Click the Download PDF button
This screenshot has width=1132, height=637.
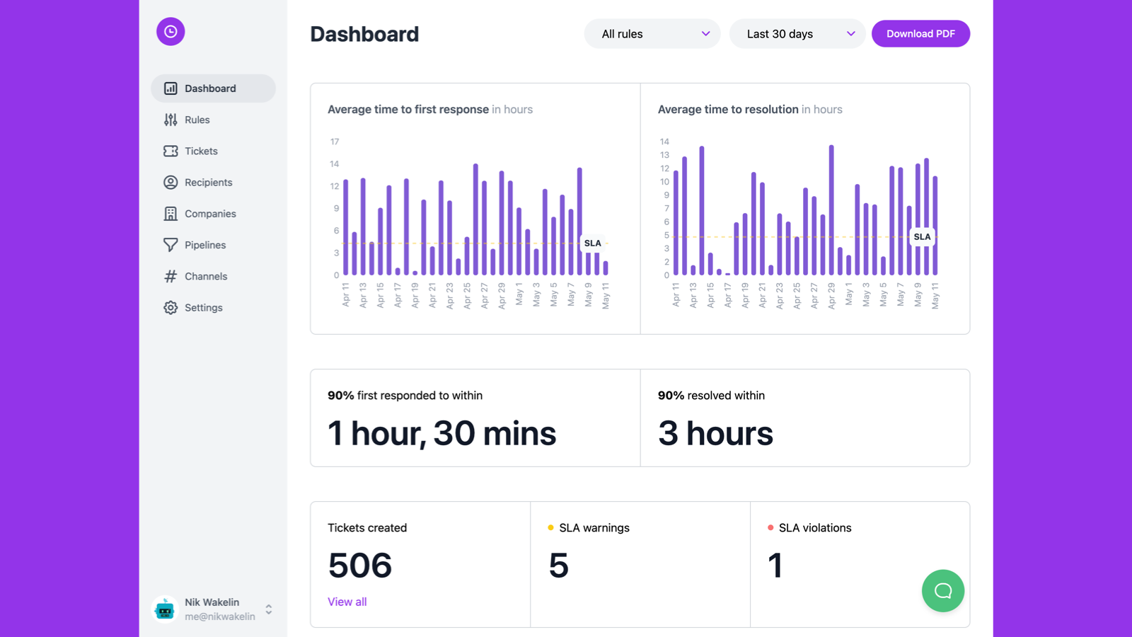[x=920, y=34]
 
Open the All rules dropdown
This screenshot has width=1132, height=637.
[x=652, y=34]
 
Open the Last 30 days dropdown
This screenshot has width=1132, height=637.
[x=797, y=34]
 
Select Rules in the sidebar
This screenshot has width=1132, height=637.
[x=197, y=120]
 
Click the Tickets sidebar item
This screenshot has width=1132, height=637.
[x=201, y=151]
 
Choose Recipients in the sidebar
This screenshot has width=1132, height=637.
[x=208, y=182]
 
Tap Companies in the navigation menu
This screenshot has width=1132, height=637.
[x=210, y=214]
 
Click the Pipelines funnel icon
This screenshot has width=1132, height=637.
[x=171, y=245]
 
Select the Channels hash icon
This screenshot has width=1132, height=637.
[x=171, y=276]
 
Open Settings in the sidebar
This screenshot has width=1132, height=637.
[x=203, y=307]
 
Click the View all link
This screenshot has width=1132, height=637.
[x=347, y=602]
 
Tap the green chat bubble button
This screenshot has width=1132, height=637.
[x=942, y=590]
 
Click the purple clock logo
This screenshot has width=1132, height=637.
[x=171, y=31]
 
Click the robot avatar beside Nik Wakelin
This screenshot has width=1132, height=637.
[x=165, y=609]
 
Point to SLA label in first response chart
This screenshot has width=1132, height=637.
[x=593, y=243]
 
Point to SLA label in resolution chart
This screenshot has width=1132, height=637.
[x=922, y=236]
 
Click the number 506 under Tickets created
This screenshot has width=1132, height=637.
[x=359, y=566]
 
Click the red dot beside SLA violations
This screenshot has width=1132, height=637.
[x=770, y=527]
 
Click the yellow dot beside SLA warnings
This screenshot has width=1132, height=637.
[x=550, y=527]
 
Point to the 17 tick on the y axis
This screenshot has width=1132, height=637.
[x=335, y=142]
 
